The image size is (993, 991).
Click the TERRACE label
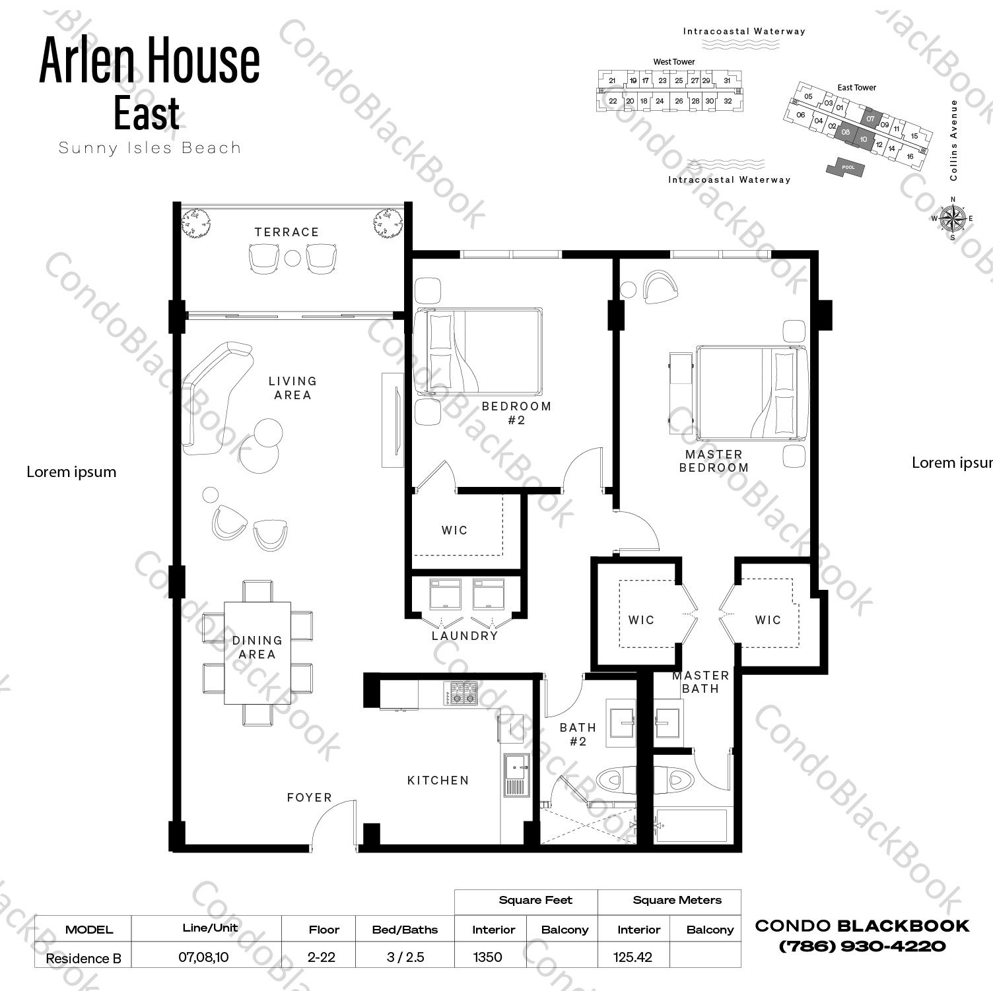pos(287,232)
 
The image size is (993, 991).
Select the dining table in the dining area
pos(257,652)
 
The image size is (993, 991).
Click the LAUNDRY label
pos(464,636)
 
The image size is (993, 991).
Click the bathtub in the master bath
pos(691,825)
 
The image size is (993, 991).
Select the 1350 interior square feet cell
pos(488,957)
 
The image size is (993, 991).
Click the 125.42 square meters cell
pos(633,957)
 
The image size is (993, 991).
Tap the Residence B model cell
pos(83,959)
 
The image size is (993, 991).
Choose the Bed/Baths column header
pos(405,930)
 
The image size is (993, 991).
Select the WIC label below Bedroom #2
pos(454,530)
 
